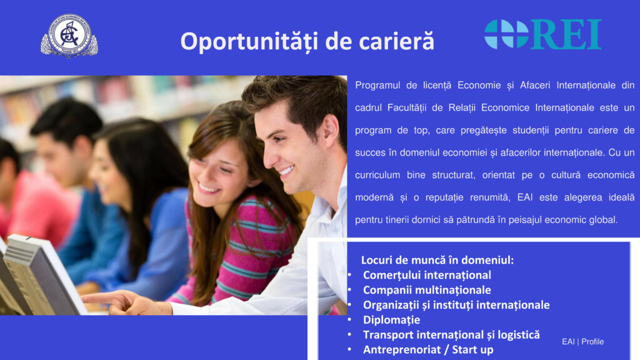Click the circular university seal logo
(69, 36)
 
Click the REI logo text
(566, 35)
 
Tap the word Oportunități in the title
(249, 42)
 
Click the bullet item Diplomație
(391, 320)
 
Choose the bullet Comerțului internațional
(427, 275)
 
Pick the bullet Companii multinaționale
(427, 290)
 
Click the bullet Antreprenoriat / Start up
(428, 350)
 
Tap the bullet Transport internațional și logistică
(451, 335)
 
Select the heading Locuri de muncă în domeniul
(437, 260)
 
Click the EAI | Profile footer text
(582, 342)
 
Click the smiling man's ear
(332, 131)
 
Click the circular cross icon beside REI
(506, 34)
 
